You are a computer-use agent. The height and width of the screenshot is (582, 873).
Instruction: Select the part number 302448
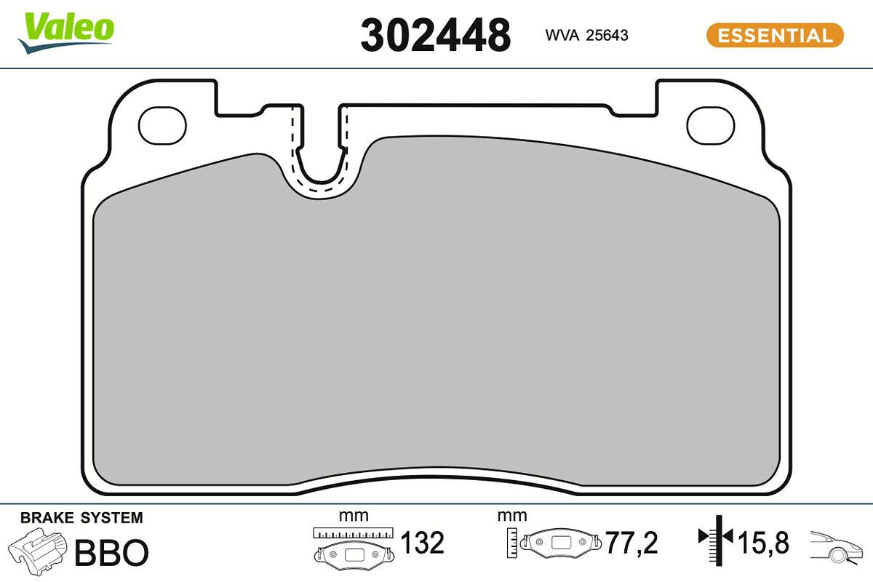coord(435,35)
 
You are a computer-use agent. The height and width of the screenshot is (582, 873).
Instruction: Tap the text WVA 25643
coord(586,36)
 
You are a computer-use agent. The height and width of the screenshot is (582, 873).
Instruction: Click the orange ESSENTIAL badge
coord(775,35)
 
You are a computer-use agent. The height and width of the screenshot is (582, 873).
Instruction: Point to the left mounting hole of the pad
coord(162,125)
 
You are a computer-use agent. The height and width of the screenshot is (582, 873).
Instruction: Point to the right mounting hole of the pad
coord(711,125)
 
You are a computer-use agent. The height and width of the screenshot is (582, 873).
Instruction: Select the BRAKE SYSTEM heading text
coord(81,518)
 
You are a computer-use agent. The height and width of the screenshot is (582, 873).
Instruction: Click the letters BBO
coord(111,553)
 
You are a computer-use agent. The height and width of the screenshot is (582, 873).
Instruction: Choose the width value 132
coord(423,543)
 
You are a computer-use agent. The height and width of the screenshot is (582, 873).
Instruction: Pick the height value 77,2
coord(631,543)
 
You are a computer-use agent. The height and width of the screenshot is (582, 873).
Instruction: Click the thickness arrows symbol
coord(715,538)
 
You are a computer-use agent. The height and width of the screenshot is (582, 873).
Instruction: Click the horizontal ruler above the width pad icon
coord(353,533)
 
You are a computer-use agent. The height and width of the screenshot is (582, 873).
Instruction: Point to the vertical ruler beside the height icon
coord(513,541)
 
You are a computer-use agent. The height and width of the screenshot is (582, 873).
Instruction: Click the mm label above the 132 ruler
coord(354,516)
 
